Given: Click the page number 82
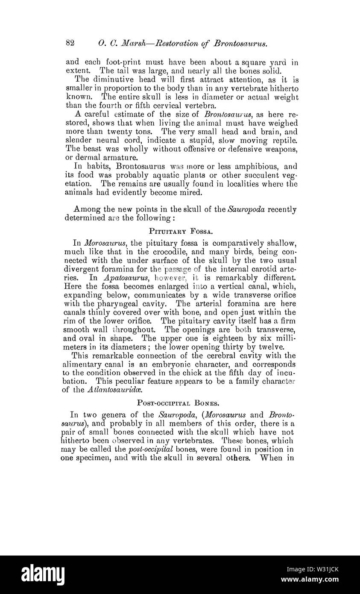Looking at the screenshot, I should (x=71, y=43).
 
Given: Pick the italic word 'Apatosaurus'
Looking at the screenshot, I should (x=126, y=277).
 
